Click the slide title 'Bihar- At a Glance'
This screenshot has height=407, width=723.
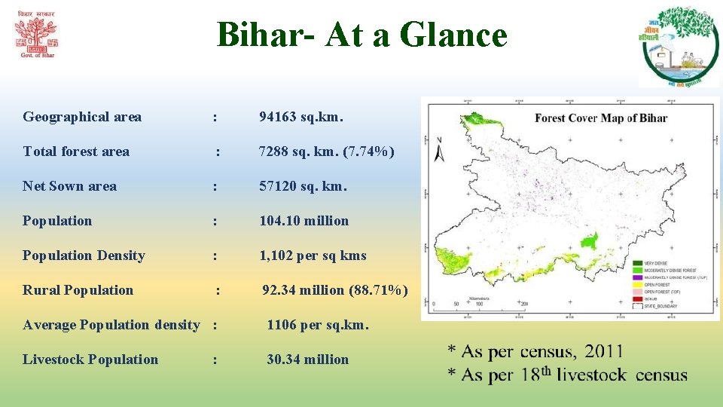click(361, 35)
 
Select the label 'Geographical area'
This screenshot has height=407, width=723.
click(82, 117)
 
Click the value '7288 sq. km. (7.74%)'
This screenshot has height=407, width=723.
click(326, 151)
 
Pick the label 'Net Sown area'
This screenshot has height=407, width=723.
click(69, 186)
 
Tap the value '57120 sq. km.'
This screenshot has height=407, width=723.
click(304, 186)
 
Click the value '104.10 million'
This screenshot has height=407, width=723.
click(304, 221)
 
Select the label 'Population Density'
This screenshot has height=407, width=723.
click(84, 256)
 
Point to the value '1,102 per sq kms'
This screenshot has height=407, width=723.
click(313, 256)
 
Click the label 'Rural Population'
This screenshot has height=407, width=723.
click(78, 290)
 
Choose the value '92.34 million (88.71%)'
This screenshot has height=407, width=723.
click(335, 290)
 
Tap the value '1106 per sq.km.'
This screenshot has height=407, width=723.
click(318, 325)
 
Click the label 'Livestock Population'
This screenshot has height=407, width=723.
click(90, 360)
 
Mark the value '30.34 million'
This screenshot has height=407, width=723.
click(307, 360)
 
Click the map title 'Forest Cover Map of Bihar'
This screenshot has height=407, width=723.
click(601, 118)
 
